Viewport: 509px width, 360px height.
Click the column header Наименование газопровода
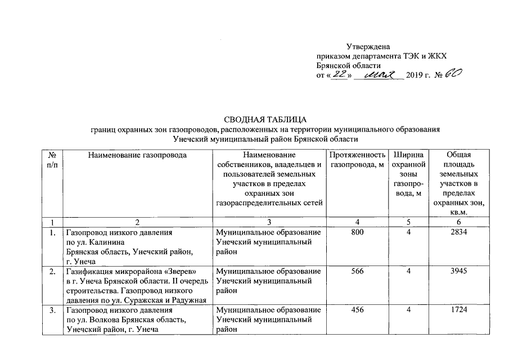coord(136,155)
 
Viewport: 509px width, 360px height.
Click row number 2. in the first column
coord(52,271)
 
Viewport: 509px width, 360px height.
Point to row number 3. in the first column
coord(52,310)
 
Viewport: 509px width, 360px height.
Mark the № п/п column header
coord(52,159)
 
